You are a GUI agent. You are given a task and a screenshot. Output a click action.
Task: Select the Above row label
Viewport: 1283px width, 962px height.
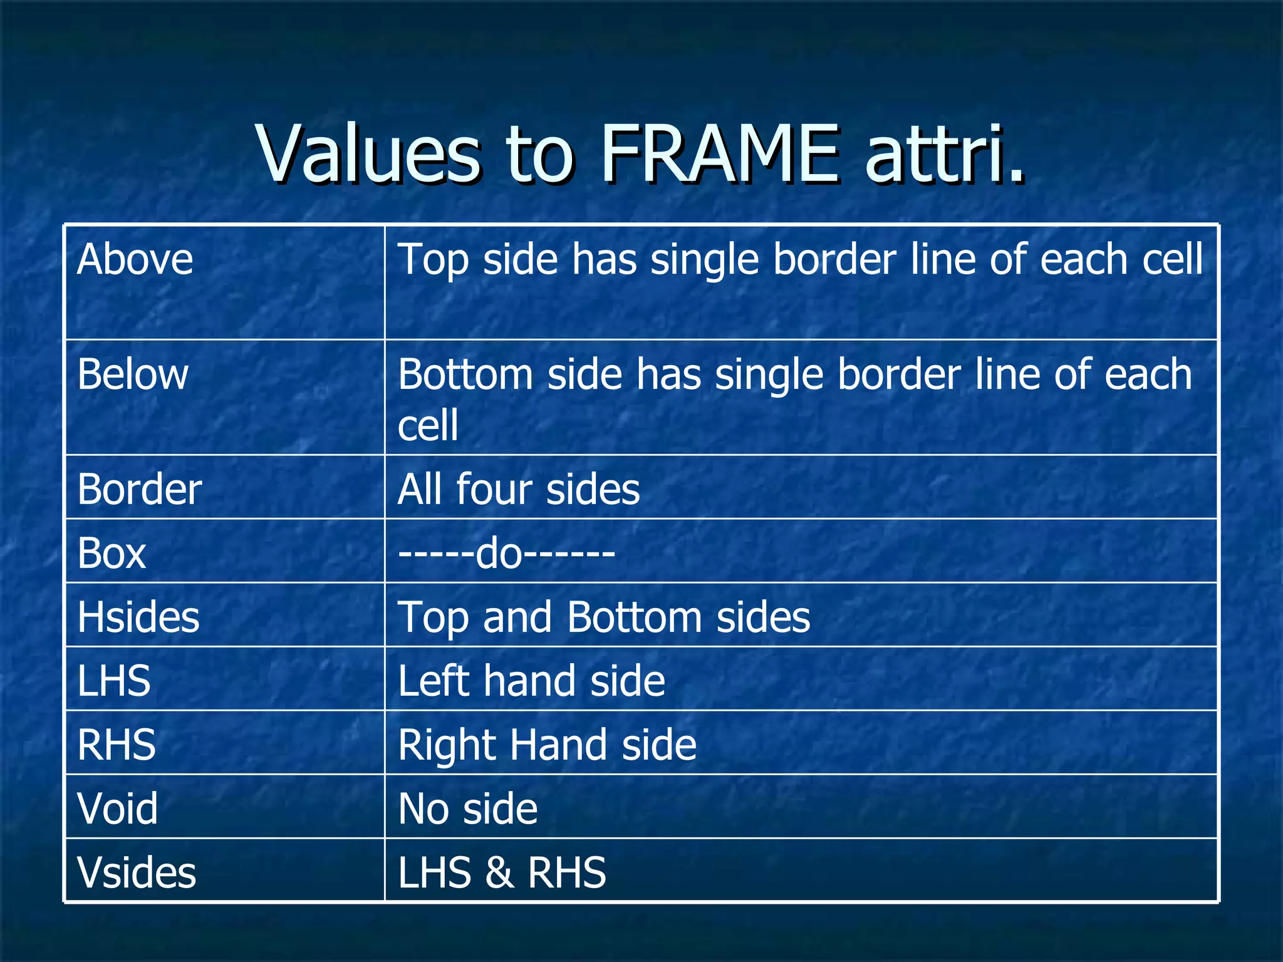click(x=135, y=259)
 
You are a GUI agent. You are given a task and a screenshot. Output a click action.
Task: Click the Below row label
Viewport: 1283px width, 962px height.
click(x=133, y=375)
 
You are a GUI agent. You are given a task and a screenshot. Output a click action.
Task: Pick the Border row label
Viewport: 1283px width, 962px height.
click(x=139, y=489)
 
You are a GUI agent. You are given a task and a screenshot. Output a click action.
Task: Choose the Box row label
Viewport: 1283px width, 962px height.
click(x=112, y=554)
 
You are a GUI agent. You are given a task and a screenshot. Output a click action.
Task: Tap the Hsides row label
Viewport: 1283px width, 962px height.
click(x=138, y=618)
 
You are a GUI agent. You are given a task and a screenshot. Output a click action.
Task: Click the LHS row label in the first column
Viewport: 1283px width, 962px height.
click(x=114, y=681)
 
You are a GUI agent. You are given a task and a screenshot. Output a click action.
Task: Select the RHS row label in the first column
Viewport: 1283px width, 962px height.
click(x=117, y=745)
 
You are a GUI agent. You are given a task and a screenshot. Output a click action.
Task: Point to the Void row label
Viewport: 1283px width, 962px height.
click(x=118, y=809)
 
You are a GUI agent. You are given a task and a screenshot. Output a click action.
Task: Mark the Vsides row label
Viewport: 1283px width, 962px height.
click(x=137, y=872)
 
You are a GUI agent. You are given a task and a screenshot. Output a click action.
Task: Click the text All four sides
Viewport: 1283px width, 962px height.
click(x=519, y=489)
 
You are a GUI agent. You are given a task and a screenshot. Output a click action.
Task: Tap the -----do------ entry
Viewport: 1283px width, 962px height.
click(x=506, y=554)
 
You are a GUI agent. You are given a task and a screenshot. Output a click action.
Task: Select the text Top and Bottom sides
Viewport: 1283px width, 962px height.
click(x=604, y=618)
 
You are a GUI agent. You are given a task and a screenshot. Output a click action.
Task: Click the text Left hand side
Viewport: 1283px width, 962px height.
click(x=531, y=681)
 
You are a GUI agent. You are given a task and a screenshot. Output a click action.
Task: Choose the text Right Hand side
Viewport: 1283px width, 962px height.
click(x=547, y=745)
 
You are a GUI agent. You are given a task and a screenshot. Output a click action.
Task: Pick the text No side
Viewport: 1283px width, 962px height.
click(x=468, y=809)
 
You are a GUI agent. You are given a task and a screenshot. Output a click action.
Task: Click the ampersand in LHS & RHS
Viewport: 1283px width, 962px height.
click(x=499, y=873)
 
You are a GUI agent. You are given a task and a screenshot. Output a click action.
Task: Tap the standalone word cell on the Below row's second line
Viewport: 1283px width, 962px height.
click(x=428, y=425)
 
